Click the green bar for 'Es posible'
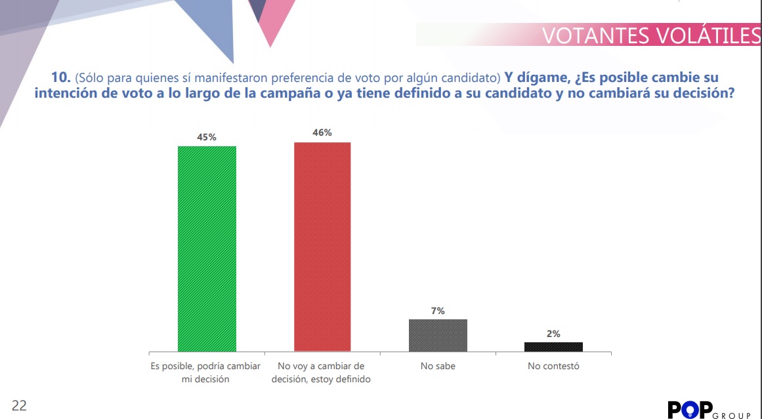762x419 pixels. (207, 249)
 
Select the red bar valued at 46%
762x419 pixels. (322, 247)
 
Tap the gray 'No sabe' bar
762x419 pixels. (438, 336)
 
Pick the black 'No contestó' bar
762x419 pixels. (553, 347)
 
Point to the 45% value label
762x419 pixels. (207, 138)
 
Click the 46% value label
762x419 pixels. (322, 132)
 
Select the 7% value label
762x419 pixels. (438, 311)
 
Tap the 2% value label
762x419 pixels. (553, 334)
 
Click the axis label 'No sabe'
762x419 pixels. (438, 366)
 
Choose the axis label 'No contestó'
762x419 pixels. (553, 366)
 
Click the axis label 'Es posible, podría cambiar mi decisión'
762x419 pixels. (205, 373)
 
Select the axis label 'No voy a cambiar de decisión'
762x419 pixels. (321, 373)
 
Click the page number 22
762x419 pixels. (19, 405)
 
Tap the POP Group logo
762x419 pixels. (709, 410)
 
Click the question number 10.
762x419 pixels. (61, 77)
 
